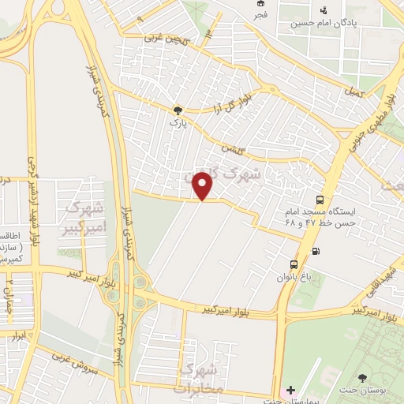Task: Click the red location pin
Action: (204, 187)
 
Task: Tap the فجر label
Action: (260, 14)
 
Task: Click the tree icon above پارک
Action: (178, 110)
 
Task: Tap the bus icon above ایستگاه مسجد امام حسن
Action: (320, 200)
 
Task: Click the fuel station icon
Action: (316, 252)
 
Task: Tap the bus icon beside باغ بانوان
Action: (294, 264)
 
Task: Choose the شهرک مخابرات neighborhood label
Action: (201, 379)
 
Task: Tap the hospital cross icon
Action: (291, 390)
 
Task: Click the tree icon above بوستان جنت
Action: (363, 379)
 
